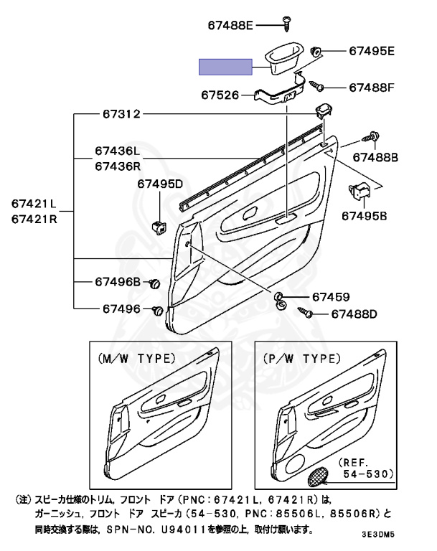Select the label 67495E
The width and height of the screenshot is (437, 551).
(x=372, y=51)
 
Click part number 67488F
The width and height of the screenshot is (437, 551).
(x=372, y=88)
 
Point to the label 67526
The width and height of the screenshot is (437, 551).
(x=220, y=94)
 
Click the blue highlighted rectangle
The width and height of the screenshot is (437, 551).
(x=225, y=67)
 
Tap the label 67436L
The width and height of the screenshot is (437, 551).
(x=116, y=152)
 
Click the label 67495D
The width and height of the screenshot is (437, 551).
(x=159, y=184)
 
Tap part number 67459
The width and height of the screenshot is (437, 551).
(x=330, y=297)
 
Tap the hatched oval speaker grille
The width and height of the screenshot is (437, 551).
(x=317, y=474)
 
